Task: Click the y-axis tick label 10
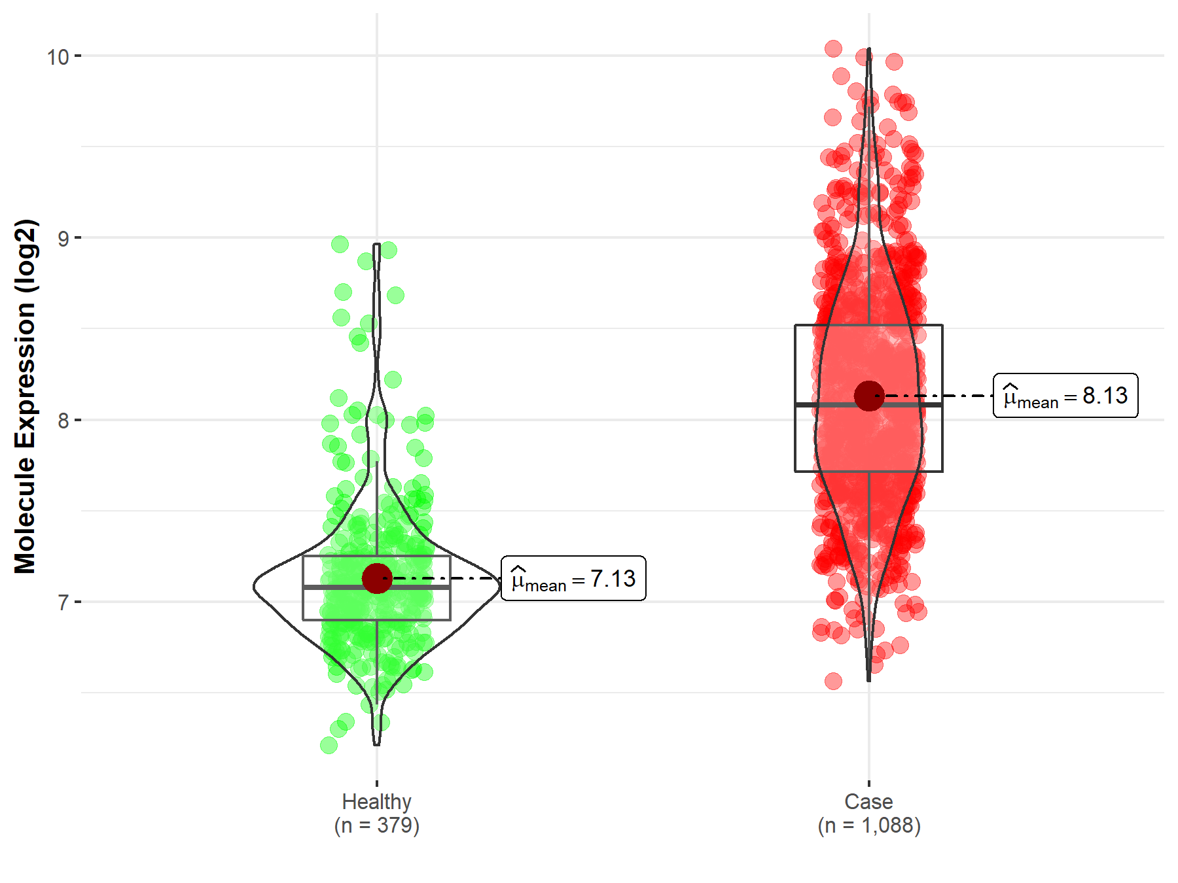click(x=58, y=57)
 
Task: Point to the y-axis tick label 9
click(x=63, y=239)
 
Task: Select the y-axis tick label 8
click(x=63, y=421)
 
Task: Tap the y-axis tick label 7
click(x=63, y=602)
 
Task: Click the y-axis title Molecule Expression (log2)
click(x=25, y=396)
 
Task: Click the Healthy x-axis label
click(x=376, y=801)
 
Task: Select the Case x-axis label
click(x=868, y=801)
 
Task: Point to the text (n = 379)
click(x=376, y=825)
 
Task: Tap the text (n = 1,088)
click(x=868, y=825)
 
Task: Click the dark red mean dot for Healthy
click(x=376, y=578)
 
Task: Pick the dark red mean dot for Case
click(x=868, y=396)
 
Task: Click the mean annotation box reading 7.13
click(x=573, y=578)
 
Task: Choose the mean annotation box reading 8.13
click(x=1065, y=396)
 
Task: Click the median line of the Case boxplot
click(x=831, y=405)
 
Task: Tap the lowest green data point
click(x=329, y=745)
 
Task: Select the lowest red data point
click(x=833, y=682)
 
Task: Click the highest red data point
click(x=833, y=48)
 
